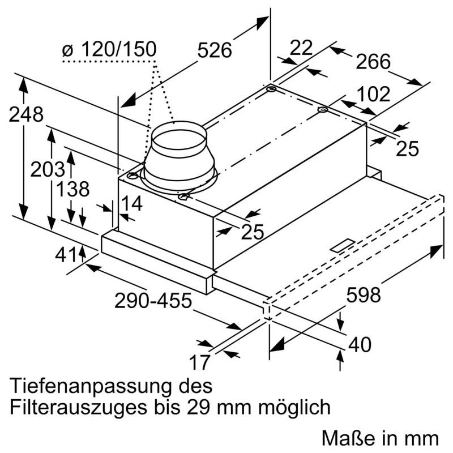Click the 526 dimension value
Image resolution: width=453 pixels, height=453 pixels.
coord(215,50)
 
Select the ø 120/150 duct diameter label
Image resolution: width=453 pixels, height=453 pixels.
coord(109,50)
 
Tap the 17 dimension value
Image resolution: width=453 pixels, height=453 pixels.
coord(200,361)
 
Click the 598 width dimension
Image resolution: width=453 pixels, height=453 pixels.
coord(363,295)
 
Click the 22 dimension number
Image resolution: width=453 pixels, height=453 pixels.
coord(301,48)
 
